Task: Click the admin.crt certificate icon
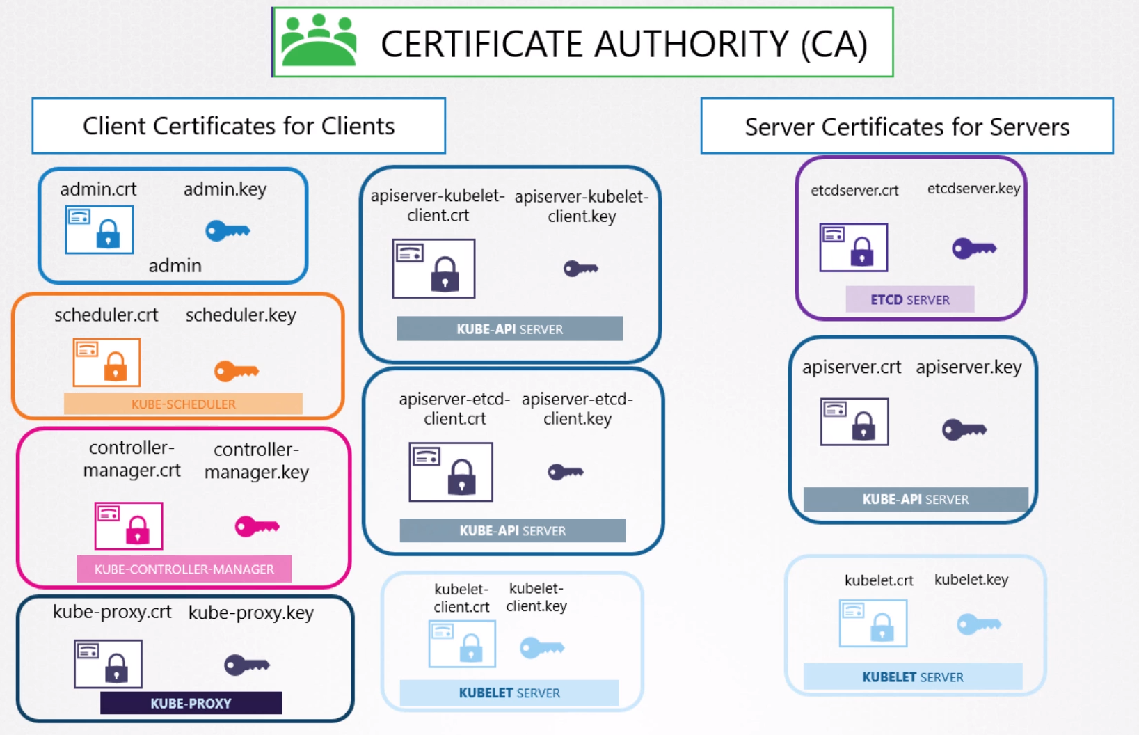click(x=99, y=230)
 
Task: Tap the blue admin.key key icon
click(x=228, y=230)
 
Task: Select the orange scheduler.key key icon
click(x=237, y=371)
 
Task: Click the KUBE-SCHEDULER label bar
click(x=183, y=404)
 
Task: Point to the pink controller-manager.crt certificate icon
click(x=129, y=525)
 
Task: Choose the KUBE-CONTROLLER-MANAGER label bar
click(x=184, y=569)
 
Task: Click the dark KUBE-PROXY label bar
click(x=191, y=703)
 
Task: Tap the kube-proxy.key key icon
click(x=246, y=665)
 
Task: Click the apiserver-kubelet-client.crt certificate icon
click(x=433, y=269)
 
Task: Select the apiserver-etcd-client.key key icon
click(x=565, y=473)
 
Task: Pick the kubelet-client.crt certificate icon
click(x=462, y=644)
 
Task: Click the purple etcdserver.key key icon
click(x=974, y=248)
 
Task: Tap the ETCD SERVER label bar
click(x=909, y=300)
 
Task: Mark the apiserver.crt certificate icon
click(x=854, y=422)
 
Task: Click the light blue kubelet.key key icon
click(x=978, y=624)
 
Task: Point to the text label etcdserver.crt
click(x=854, y=190)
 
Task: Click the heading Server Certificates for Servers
click(x=907, y=127)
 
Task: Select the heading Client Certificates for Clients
click(x=239, y=126)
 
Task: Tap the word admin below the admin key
click(x=175, y=265)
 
